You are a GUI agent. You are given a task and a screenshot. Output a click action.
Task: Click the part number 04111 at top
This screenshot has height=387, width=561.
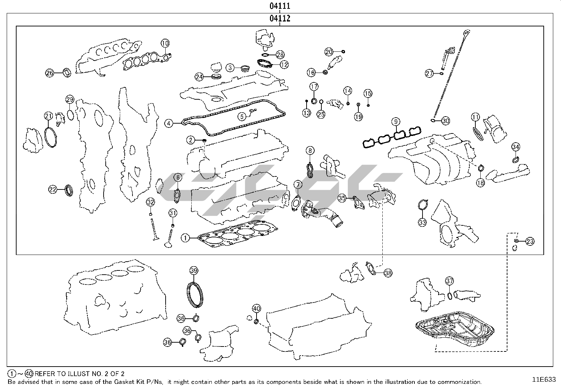click(280, 6)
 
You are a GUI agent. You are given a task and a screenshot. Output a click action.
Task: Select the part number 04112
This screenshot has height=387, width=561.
click(280, 19)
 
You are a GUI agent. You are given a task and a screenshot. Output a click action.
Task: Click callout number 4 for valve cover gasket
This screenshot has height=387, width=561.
click(169, 123)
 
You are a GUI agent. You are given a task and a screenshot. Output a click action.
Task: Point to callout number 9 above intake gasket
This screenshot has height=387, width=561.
click(396, 122)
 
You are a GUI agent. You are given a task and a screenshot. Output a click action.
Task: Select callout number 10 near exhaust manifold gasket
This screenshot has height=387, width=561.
click(165, 43)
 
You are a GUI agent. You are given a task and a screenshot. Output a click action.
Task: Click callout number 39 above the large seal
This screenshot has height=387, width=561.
click(194, 270)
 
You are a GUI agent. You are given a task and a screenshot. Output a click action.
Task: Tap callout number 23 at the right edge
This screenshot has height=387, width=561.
click(530, 241)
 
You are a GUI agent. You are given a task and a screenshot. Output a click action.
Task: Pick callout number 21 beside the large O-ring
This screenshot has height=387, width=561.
click(48, 116)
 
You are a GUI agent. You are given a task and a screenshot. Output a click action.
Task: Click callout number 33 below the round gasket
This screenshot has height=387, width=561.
click(423, 222)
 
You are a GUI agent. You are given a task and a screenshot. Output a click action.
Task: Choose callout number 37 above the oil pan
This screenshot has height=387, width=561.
click(449, 281)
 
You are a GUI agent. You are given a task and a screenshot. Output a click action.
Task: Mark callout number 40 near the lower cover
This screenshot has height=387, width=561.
click(257, 309)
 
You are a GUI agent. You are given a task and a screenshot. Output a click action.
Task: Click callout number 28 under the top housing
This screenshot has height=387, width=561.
click(280, 55)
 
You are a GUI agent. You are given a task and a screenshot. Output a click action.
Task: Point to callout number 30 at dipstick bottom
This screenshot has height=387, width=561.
click(446, 121)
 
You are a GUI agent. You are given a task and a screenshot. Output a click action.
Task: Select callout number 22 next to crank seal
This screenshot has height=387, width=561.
click(53, 189)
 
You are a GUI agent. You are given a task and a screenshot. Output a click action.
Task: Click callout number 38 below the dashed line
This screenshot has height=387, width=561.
click(388, 273)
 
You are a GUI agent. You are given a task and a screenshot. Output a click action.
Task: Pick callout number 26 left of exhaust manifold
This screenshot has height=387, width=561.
click(50, 73)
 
